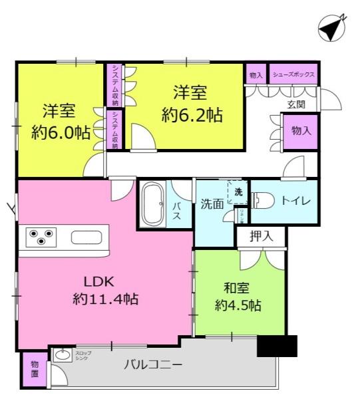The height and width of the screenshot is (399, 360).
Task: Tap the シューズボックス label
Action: [293, 74]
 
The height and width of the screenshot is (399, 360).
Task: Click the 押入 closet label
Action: [260, 235]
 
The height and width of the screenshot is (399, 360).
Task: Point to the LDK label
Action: [94, 280]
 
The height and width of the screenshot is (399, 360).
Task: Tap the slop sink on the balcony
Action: [63, 356]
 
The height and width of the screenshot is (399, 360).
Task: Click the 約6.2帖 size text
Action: [192, 114]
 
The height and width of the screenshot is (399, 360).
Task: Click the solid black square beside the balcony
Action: [277, 346]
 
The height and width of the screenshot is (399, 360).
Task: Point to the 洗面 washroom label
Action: [212, 205]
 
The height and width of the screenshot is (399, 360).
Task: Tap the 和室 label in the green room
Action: [237, 288]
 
